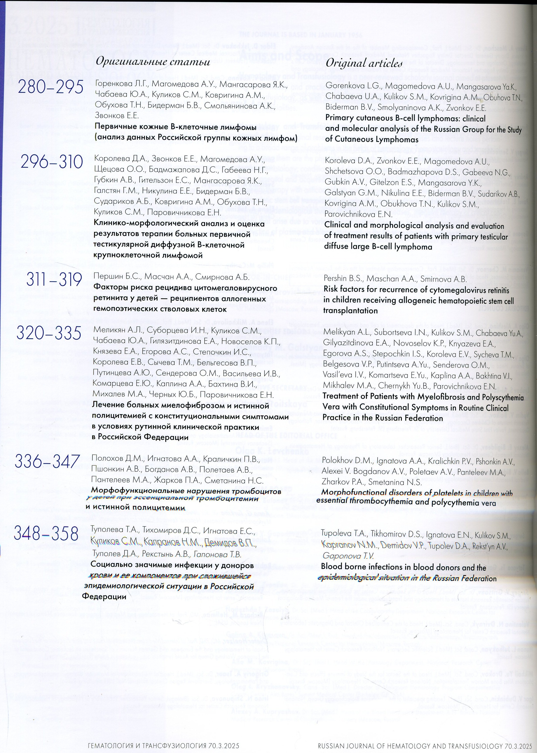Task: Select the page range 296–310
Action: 51,162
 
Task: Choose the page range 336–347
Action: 47,461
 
